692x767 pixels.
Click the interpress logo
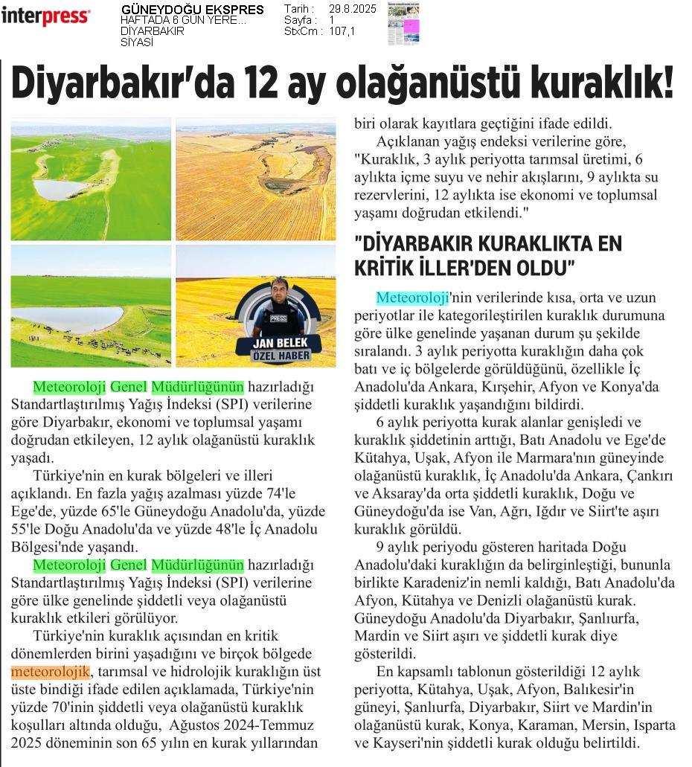45,16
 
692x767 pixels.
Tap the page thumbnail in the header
403,23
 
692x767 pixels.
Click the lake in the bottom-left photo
67,319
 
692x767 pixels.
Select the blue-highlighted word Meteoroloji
412,298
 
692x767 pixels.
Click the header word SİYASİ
137,42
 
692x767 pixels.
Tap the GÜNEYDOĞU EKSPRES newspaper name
192,10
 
